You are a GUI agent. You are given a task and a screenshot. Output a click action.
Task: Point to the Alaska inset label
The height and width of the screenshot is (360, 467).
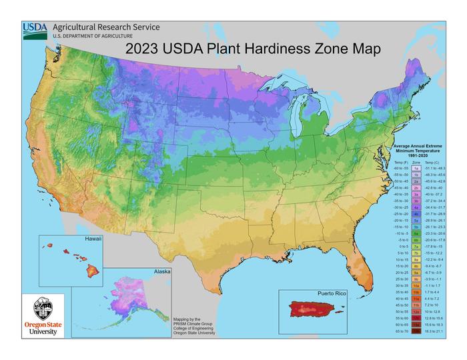click(x=161, y=271)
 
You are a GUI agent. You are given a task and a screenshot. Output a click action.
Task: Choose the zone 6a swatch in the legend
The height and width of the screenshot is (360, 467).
click(x=416, y=234)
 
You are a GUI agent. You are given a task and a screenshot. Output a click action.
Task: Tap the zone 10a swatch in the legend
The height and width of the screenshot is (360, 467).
click(x=416, y=285)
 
